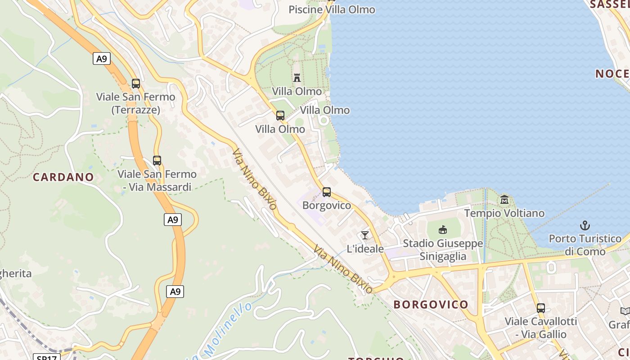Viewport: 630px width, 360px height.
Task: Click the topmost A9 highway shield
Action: [x=102, y=58]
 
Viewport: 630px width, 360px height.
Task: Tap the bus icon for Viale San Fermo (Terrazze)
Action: [x=135, y=84]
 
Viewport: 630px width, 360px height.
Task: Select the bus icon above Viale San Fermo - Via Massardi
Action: [x=157, y=161]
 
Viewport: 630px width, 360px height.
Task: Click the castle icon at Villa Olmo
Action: [x=297, y=78]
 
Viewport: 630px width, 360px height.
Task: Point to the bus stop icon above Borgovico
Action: [x=327, y=192]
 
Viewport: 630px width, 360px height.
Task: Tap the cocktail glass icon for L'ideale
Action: [x=364, y=235]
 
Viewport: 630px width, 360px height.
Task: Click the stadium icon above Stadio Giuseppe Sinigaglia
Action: [x=443, y=230]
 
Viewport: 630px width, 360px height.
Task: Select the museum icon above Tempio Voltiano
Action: [x=504, y=199]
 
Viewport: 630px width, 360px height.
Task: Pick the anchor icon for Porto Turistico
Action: [x=585, y=225]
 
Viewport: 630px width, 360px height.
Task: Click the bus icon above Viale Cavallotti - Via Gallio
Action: [x=541, y=308]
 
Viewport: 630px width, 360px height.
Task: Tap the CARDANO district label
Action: [x=63, y=177]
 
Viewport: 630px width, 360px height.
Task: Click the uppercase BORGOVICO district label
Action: [x=431, y=305]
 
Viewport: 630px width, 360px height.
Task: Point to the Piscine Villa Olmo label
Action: [x=332, y=9]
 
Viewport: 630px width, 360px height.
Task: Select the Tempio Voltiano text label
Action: [x=504, y=213]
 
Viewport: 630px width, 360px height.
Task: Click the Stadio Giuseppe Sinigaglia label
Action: [x=443, y=250]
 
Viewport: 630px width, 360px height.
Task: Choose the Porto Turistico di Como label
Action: [x=585, y=245]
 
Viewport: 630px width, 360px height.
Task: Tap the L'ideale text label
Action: [x=365, y=249]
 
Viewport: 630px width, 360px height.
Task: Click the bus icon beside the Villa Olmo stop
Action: [x=280, y=116]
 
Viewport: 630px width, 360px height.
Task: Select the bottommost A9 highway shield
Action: [x=175, y=292]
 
